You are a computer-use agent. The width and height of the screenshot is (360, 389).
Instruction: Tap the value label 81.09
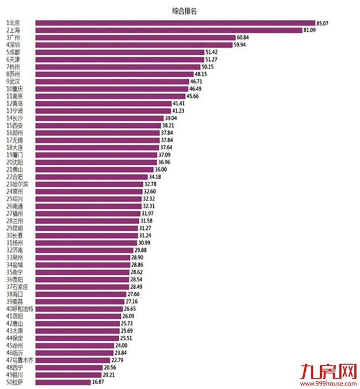tap(310, 30)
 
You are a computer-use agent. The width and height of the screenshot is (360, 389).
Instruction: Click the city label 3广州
tap(13, 37)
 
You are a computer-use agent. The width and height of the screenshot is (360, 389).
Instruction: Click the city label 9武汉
tap(13, 82)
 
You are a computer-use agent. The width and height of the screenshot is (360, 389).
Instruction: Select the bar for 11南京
tap(112, 96)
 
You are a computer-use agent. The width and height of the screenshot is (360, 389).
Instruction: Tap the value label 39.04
tap(170, 118)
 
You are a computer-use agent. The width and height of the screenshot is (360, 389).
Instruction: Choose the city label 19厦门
tap(14, 155)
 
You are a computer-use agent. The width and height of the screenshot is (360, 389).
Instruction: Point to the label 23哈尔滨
tap(17, 184)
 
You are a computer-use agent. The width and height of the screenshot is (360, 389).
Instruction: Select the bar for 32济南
tap(84, 251)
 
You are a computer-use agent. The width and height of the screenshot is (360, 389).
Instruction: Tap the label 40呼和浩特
tap(20, 309)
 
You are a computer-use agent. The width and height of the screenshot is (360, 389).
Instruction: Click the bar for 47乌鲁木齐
tap(73, 360)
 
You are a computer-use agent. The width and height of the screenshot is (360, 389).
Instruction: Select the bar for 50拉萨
tap(63, 382)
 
